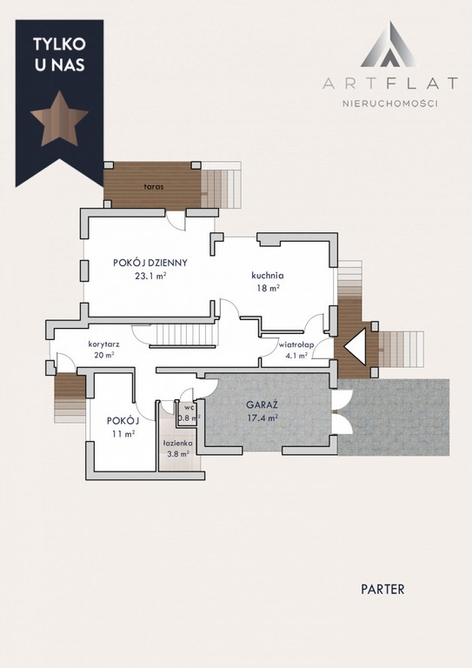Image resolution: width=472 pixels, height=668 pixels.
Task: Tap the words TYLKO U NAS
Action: tap(59, 54)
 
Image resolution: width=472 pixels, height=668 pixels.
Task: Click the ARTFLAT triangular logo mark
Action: tap(389, 44)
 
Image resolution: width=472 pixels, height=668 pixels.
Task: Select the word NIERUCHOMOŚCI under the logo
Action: tap(390, 104)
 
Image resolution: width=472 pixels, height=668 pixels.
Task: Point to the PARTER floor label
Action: tap(382, 589)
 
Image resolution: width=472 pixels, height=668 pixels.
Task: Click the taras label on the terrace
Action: tap(154, 187)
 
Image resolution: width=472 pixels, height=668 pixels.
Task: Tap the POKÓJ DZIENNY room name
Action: tap(150, 263)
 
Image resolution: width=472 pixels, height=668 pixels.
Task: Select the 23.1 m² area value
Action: tap(150, 276)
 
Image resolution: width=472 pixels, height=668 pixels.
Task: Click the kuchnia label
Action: tap(267, 275)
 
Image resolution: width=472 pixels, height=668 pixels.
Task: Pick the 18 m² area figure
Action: tap(267, 288)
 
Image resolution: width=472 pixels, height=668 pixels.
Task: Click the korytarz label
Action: tap(103, 344)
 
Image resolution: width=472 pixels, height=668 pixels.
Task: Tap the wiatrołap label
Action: tap(296, 345)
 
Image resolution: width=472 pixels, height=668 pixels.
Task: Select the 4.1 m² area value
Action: tap(296, 356)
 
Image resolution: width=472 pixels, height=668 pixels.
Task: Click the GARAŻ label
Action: tap(263, 404)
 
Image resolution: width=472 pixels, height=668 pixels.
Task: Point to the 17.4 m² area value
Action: tap(263, 417)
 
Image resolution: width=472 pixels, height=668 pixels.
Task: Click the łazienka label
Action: tap(178, 444)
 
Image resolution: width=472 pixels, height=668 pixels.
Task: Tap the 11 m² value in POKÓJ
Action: tap(123, 434)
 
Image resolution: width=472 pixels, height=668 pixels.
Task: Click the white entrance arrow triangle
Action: tap(356, 347)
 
